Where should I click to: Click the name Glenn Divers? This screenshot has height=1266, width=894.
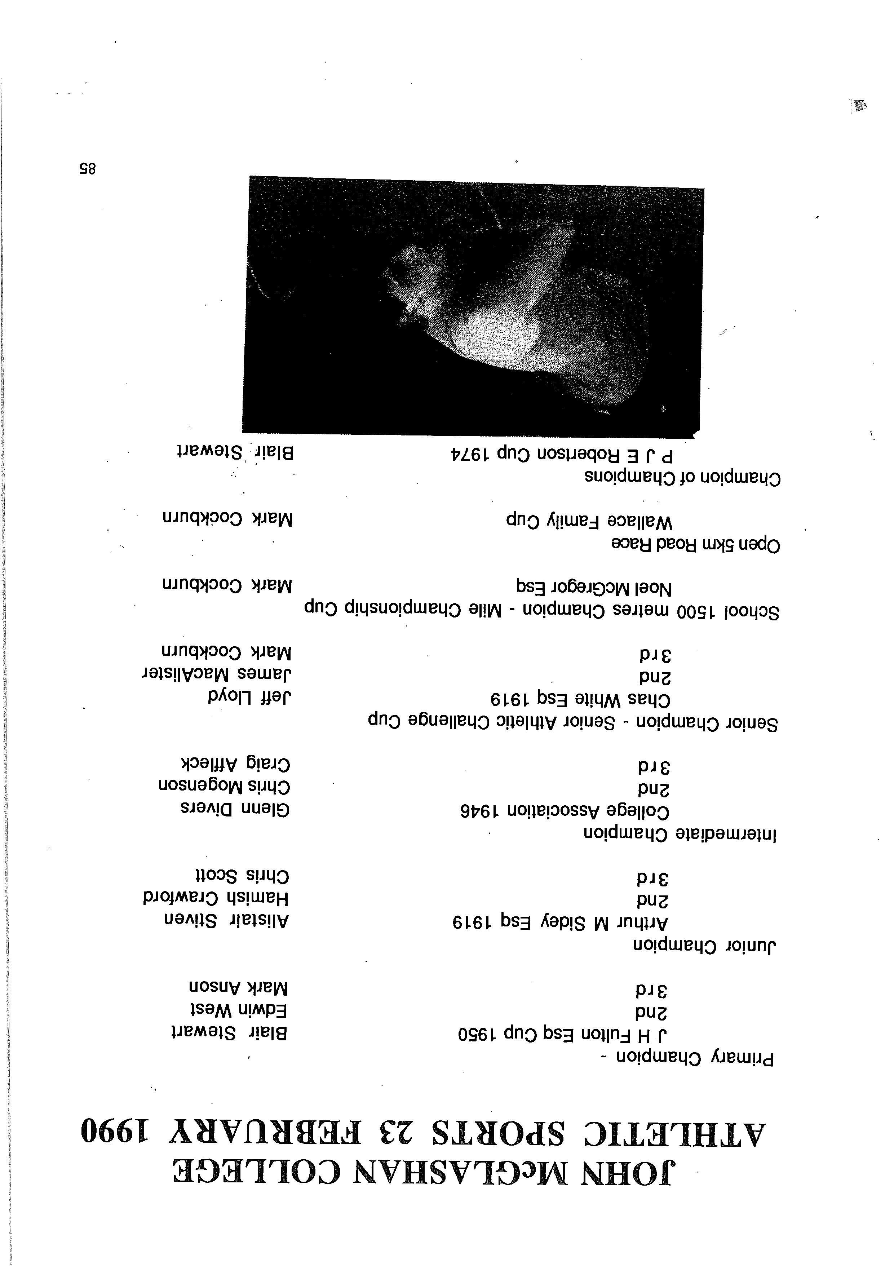pos(235,809)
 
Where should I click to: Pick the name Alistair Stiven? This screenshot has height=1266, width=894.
pos(227,920)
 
